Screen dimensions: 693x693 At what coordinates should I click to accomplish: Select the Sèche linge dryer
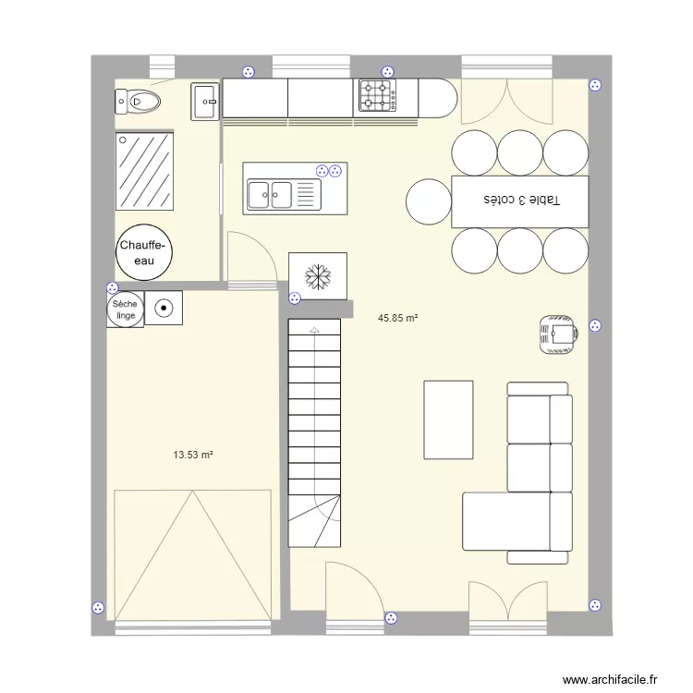[x=124, y=309]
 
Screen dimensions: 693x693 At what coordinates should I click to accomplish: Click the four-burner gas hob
[x=376, y=96]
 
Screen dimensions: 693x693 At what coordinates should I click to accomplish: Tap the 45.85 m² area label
[x=397, y=318]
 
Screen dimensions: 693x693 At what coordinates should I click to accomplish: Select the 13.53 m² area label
[x=193, y=454]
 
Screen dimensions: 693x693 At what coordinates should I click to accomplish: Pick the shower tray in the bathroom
[x=143, y=172]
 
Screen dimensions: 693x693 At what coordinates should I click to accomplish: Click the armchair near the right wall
[x=558, y=332]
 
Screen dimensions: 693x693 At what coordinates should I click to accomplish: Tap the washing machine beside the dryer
[x=164, y=309]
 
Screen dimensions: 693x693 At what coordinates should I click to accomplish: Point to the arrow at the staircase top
[x=314, y=329]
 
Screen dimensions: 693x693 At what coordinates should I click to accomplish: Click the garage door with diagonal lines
[x=192, y=555]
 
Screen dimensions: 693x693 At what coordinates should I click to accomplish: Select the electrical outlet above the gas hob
[x=387, y=70]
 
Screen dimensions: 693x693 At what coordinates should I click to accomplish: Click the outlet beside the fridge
[x=294, y=298]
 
